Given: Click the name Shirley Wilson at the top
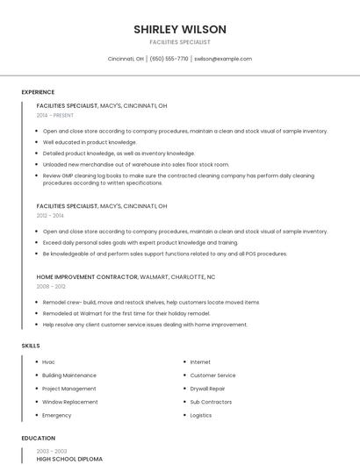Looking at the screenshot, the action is [179, 29].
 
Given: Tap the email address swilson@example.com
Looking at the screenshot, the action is [223, 59].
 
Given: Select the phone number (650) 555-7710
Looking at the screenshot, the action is [169, 59].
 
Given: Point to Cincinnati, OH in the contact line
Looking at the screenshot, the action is [126, 59].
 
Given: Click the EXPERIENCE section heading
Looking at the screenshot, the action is [38, 92].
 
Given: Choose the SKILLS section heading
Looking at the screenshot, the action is [31, 346].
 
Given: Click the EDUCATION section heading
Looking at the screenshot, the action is [39, 438].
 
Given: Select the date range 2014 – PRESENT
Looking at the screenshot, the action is [55, 115].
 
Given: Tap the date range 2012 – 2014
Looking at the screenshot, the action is [50, 215].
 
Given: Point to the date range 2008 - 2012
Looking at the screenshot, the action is [51, 286].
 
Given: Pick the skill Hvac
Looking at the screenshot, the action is [49, 361].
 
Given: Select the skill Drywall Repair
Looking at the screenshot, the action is [207, 388].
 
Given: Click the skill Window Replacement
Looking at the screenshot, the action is [70, 401].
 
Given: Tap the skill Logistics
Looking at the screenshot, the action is [201, 415].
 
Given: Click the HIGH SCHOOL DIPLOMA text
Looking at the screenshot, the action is [69, 459].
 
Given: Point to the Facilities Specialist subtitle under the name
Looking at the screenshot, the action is [179, 42].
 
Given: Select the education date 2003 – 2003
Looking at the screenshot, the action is [51, 450].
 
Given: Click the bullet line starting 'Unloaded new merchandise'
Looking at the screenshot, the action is [136, 164].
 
